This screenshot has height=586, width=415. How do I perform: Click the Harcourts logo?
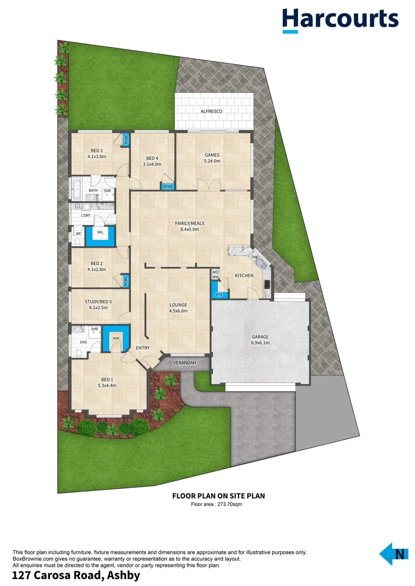click(340, 20)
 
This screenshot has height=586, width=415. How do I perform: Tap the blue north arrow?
click(393, 554)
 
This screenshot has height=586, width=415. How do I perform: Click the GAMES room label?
click(211, 155)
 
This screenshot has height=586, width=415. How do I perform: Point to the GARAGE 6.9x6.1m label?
click(260, 340)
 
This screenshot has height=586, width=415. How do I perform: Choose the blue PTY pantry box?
click(219, 295)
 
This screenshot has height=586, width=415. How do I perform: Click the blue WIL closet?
click(100, 233)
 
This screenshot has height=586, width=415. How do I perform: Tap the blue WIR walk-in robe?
click(116, 338)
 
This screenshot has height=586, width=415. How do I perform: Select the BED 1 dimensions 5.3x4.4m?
click(107, 385)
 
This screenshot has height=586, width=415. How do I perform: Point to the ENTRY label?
click(143, 348)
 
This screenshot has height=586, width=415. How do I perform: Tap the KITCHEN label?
click(244, 276)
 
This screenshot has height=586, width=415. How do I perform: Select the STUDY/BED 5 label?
click(98, 302)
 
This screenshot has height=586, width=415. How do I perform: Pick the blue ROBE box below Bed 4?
click(168, 186)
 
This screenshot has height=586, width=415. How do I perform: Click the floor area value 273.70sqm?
click(228, 504)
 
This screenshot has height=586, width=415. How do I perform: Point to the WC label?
click(78, 234)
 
